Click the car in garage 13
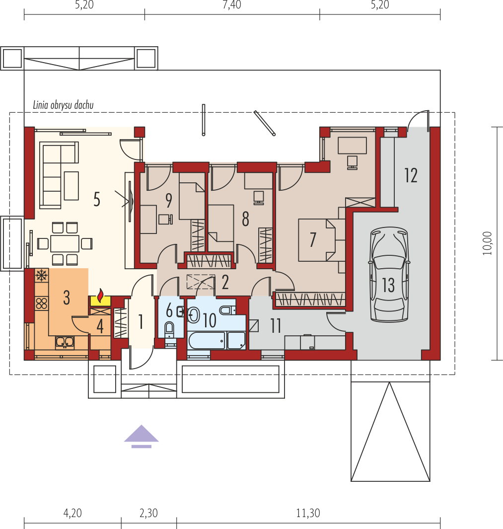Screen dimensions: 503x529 (x=389, y=274)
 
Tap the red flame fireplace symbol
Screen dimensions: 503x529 (x=100, y=296)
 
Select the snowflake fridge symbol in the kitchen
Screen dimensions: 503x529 (x=42, y=275)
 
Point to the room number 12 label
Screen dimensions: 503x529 (x=411, y=175)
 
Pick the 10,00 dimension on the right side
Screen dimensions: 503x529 (x=487, y=243)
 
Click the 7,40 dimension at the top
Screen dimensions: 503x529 (x=232, y=5)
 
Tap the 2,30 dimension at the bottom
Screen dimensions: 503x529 (x=148, y=513)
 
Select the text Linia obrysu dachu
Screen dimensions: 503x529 (x=63, y=105)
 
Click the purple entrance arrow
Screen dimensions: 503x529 (x=142, y=436)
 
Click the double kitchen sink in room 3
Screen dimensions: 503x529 (x=65, y=342)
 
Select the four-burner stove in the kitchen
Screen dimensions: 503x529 (x=42, y=303)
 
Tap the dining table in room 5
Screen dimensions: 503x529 (x=65, y=243)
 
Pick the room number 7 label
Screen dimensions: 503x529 (x=313, y=239)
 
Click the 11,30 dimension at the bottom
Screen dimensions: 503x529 (x=308, y=513)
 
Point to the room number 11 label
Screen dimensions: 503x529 (x=276, y=326)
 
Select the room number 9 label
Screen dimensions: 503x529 (x=169, y=201)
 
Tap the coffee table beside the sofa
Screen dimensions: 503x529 (x=71, y=186)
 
